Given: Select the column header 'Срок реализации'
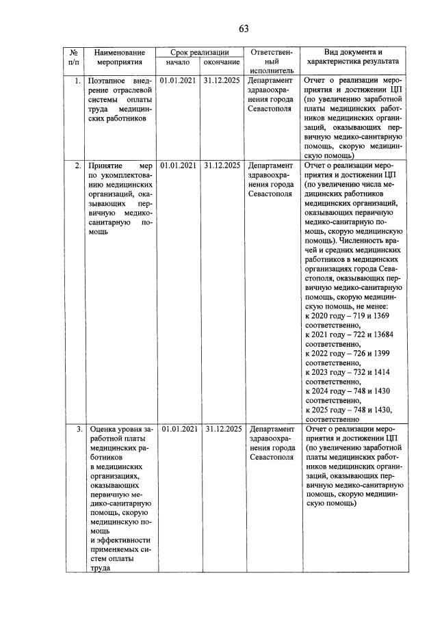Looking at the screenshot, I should point(199,53).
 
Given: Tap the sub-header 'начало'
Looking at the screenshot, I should point(177,64).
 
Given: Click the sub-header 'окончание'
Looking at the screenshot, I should point(221,64).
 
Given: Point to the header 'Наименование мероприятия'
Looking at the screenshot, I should point(119,58).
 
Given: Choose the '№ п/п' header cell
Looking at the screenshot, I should point(73,58).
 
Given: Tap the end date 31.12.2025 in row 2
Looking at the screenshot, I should point(222,165).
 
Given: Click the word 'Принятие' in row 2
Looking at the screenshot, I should point(106,165).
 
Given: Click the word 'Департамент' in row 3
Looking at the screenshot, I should point(270,429).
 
